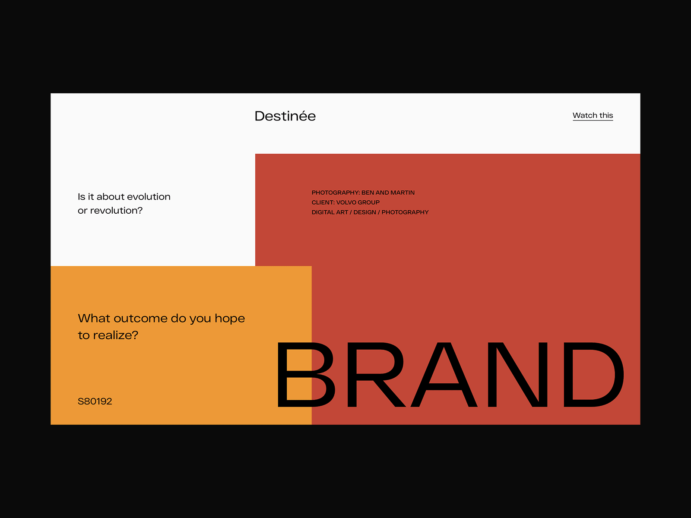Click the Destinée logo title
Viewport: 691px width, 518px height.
(285, 116)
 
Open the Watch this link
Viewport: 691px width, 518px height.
(593, 115)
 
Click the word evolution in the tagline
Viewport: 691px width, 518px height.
(149, 196)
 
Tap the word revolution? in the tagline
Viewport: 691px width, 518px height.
(116, 210)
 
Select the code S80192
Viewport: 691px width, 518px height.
(95, 401)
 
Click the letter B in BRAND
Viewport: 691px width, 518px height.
(306, 375)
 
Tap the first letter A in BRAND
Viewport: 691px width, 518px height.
(444, 375)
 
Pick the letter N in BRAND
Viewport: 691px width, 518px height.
(517, 375)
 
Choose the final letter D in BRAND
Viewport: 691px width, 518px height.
(594, 375)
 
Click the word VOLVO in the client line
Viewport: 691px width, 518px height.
(346, 202)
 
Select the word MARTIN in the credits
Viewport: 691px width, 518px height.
(403, 193)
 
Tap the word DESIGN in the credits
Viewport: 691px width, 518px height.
(365, 212)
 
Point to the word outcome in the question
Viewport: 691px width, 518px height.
(140, 318)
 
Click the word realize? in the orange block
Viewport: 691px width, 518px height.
(116, 335)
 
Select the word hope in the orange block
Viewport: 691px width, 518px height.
(230, 319)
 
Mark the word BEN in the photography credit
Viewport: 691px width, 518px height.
(368, 193)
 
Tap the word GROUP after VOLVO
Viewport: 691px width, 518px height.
(369, 202)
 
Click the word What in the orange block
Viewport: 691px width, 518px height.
(94, 318)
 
